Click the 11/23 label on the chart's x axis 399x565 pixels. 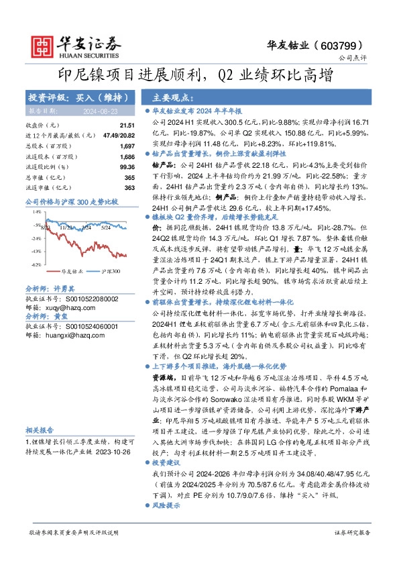[x=66, y=227]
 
